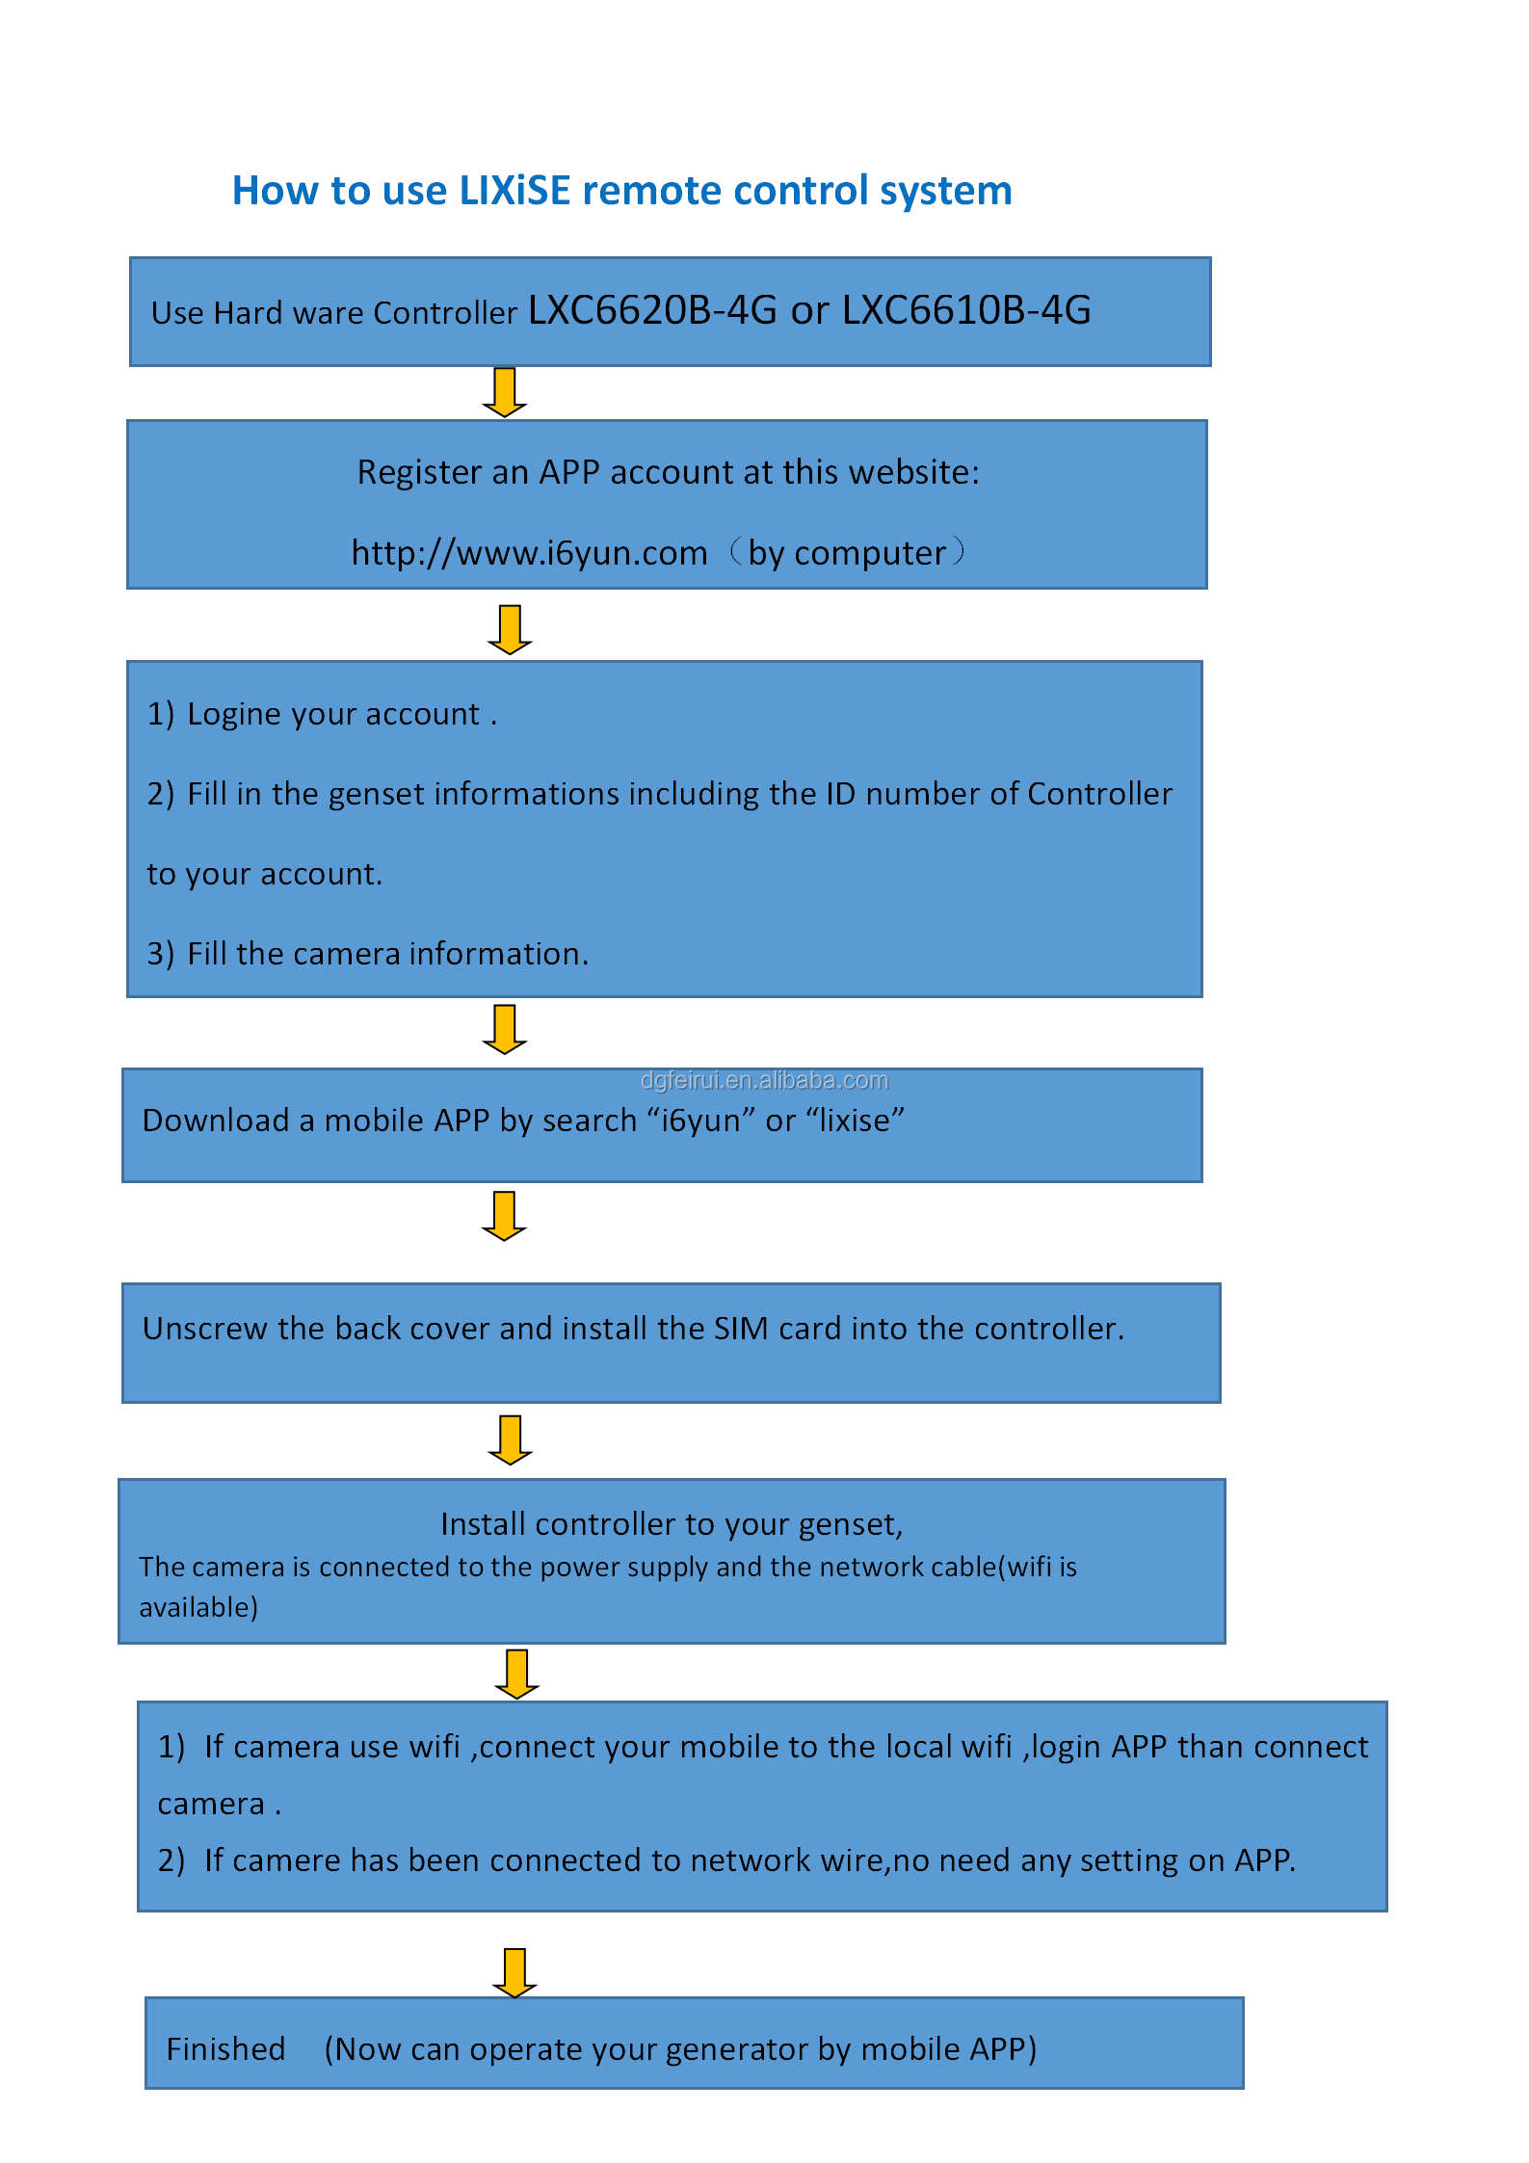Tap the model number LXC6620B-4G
tap(652, 309)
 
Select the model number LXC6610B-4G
tap(966, 309)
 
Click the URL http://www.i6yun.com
tap(529, 553)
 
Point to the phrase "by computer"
tap(848, 554)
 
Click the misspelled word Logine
tap(234, 715)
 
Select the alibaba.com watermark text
tap(764, 1080)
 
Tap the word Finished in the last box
tap(226, 2048)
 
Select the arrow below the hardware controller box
tap(504, 391)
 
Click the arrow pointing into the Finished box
tap(514, 1972)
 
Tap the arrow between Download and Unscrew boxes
tap(504, 1216)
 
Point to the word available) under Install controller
tap(198, 1607)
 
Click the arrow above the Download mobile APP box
tap(504, 1029)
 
